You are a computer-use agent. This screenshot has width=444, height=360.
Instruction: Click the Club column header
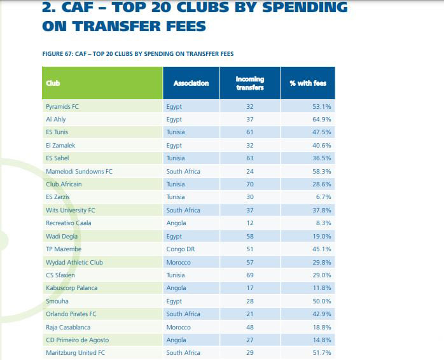point(53,83)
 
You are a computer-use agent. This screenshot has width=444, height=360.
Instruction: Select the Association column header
point(191,83)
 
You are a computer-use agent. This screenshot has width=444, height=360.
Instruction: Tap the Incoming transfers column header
point(249,83)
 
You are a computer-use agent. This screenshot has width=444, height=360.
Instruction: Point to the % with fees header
point(307,83)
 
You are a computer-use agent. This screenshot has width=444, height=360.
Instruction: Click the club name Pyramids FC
point(63,106)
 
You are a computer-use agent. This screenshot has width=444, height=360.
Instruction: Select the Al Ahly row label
point(56,119)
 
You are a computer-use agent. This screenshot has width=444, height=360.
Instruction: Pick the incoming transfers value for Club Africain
point(249,184)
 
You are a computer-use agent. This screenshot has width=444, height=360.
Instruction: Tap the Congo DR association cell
point(180,249)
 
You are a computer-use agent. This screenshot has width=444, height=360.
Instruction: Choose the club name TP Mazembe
point(64,249)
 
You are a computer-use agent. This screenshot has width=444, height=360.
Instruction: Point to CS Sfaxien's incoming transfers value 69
point(249,275)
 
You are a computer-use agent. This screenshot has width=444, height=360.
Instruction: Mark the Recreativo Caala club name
point(69,223)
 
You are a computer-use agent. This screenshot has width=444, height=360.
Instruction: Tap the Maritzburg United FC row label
point(74,353)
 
